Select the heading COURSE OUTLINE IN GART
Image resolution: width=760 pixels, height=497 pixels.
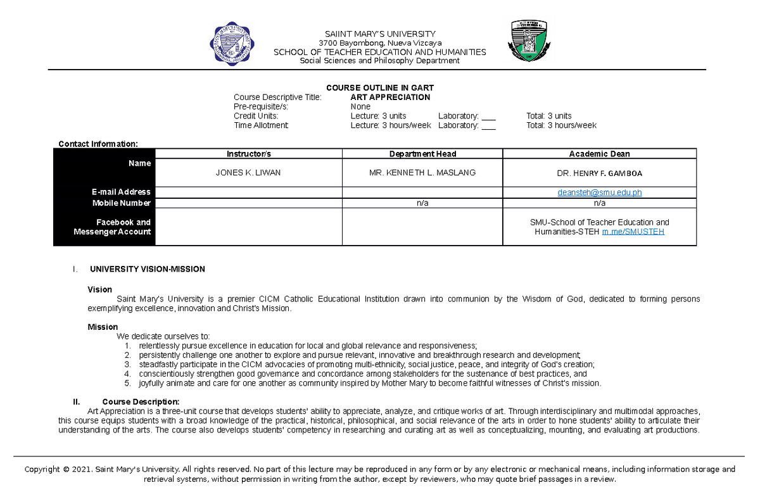click(379, 88)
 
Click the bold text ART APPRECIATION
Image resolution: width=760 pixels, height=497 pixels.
click(390, 98)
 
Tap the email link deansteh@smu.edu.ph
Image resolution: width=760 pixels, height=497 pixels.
click(600, 192)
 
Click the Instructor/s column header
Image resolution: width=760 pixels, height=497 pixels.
click(249, 154)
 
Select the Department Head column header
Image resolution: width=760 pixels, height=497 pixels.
click(422, 154)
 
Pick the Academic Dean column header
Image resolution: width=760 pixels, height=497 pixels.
click(599, 154)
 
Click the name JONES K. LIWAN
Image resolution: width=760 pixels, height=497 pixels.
click(248, 173)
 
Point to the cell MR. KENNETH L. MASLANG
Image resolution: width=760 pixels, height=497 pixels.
click(422, 173)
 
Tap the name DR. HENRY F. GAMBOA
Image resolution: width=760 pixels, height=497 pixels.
click(599, 173)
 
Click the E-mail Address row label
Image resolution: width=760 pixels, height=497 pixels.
click(122, 192)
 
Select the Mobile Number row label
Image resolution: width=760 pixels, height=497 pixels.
click(122, 203)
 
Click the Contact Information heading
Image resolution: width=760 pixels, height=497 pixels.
click(98, 144)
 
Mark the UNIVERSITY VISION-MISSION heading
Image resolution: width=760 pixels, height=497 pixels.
click(148, 269)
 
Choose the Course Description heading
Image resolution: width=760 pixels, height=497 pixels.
click(141, 402)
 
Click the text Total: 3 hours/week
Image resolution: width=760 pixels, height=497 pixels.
click(561, 125)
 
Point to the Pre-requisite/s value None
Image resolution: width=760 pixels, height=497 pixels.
click(360, 107)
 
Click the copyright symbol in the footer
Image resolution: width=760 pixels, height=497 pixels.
click(66, 470)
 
